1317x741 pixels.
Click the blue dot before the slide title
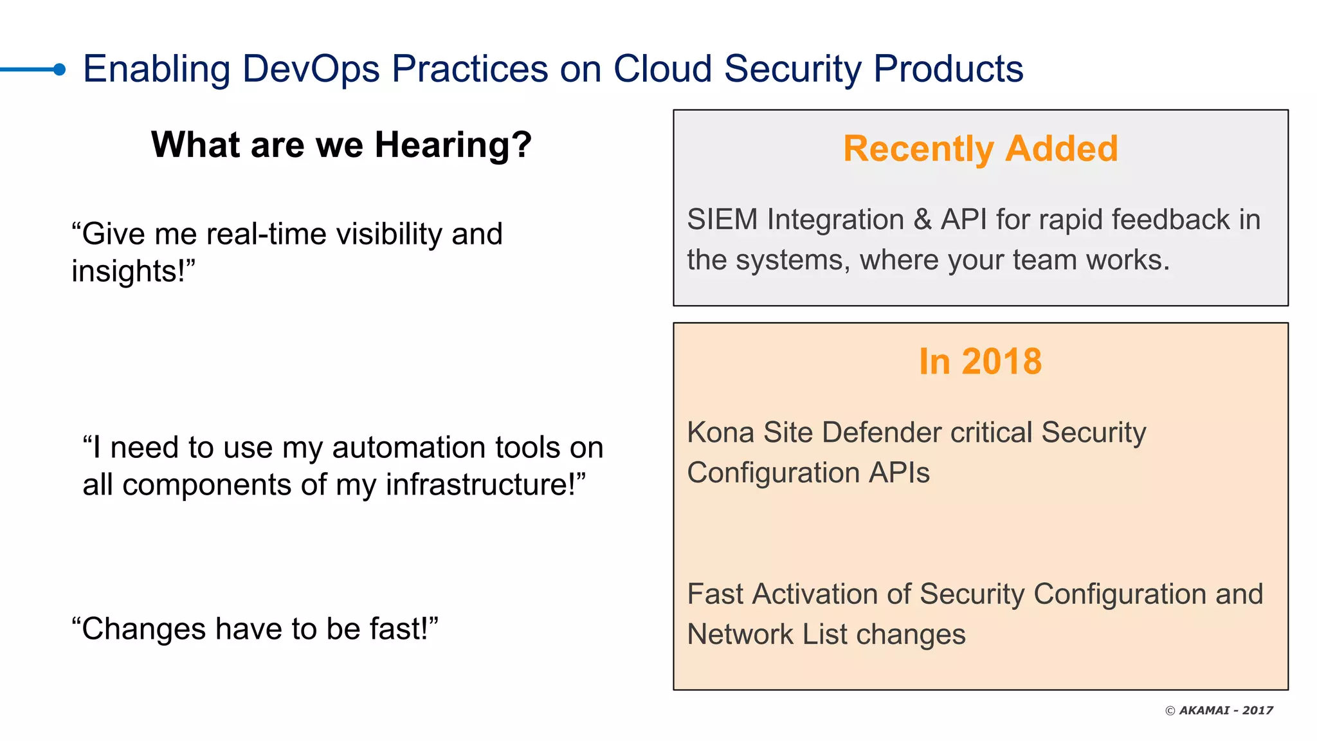59,69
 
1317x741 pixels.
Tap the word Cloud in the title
662,69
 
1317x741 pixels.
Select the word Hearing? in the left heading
453,145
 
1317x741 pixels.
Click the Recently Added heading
980,149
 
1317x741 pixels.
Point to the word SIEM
722,220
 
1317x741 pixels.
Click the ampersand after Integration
922,220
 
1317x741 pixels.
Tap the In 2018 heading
980,361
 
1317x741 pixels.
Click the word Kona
720,432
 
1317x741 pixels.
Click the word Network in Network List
740,635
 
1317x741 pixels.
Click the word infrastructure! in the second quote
486,485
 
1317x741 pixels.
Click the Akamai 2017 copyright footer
1219,710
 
